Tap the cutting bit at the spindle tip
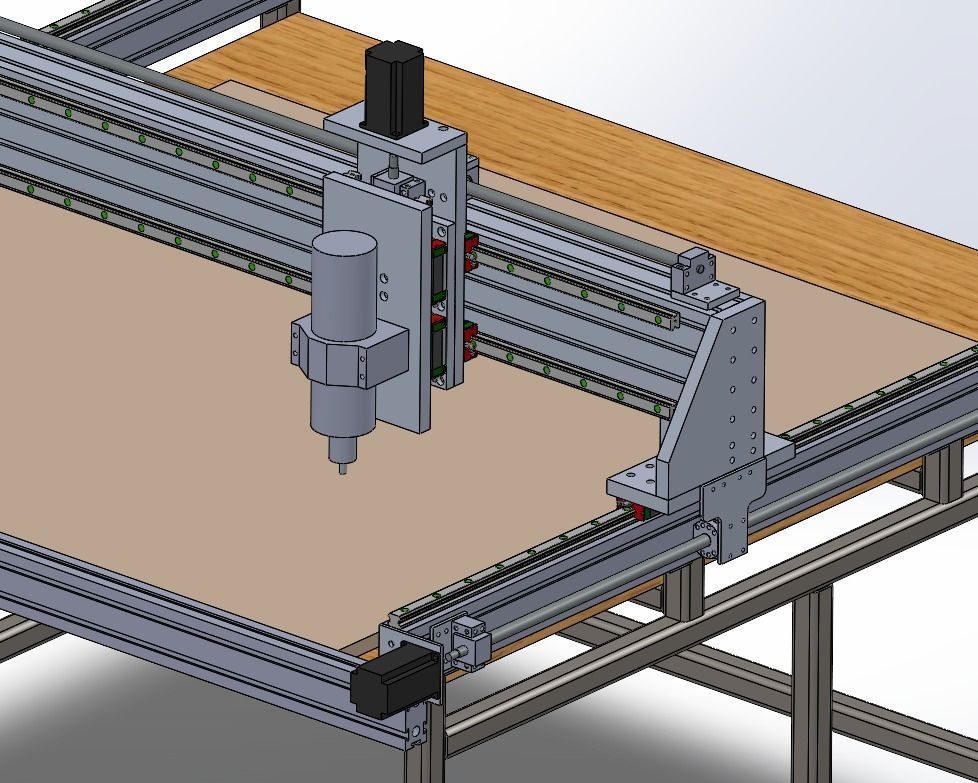342,466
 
